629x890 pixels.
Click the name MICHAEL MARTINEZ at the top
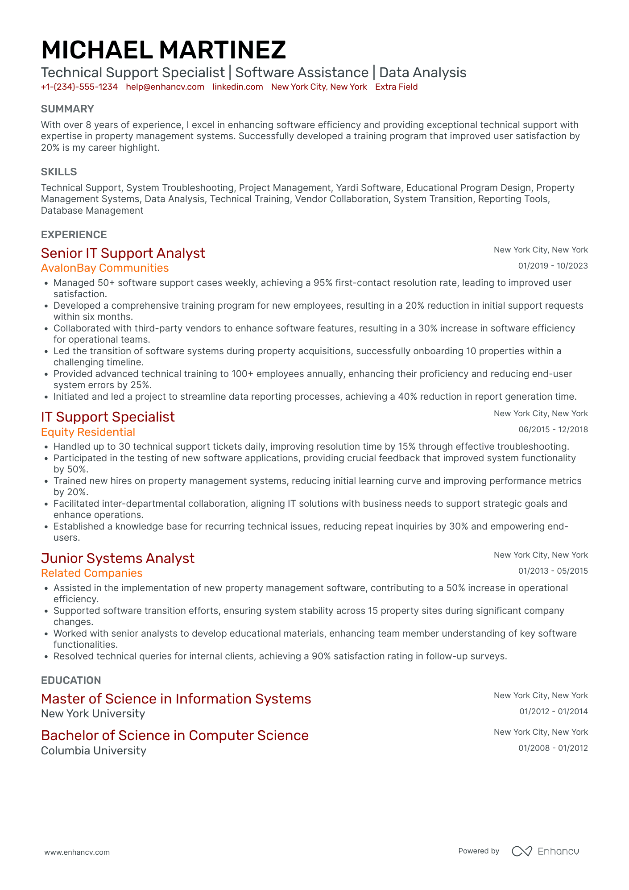pyautogui.click(x=163, y=50)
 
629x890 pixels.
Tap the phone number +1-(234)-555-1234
pyautogui.click(x=79, y=87)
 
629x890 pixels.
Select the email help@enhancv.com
pyautogui.click(x=165, y=87)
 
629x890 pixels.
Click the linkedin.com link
pyautogui.click(x=238, y=87)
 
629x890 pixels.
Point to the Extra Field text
pyautogui.click(x=396, y=87)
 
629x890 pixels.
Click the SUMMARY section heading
pyautogui.click(x=67, y=109)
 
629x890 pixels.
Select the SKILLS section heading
pyautogui.click(x=59, y=172)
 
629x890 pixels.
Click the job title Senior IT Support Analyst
pyautogui.click(x=123, y=253)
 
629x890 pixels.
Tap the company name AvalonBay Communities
pyautogui.click(x=105, y=268)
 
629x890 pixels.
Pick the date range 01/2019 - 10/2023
pyautogui.click(x=553, y=266)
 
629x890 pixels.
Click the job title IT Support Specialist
pyautogui.click(x=108, y=417)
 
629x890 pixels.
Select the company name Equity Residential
pyautogui.click(x=88, y=432)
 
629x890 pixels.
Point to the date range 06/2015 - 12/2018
pyautogui.click(x=553, y=430)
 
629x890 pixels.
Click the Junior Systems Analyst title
pyautogui.click(x=118, y=558)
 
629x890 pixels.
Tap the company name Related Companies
pyautogui.click(x=91, y=573)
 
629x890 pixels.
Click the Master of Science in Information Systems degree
pyautogui.click(x=176, y=699)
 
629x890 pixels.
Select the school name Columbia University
pyautogui.click(x=93, y=751)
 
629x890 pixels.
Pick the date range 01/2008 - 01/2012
pyautogui.click(x=553, y=748)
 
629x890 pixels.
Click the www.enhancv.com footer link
pyautogui.click(x=77, y=852)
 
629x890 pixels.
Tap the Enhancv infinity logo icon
pyautogui.click(x=521, y=851)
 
